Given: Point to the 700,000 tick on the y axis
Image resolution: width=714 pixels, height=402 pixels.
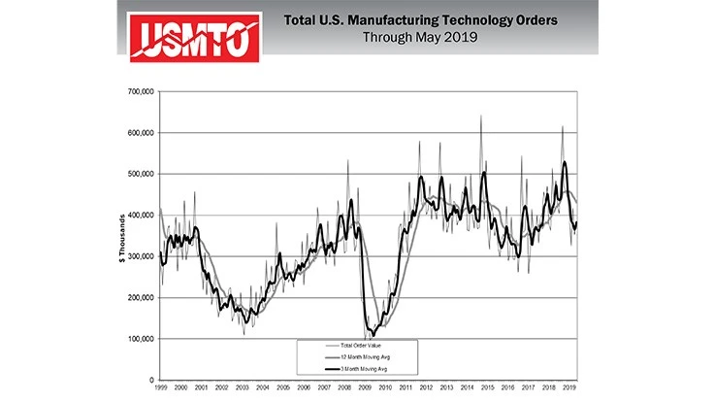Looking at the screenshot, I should (141, 91).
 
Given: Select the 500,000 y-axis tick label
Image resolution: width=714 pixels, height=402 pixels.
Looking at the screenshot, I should (141, 174).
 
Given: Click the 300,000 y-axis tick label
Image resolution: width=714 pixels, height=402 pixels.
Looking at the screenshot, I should (141, 256).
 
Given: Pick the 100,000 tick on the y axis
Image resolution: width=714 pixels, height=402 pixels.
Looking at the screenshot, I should (141, 339).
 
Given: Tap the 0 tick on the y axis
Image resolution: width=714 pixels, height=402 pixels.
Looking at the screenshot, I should (151, 380).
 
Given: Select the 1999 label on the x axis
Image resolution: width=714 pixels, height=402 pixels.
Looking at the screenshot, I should (161, 388).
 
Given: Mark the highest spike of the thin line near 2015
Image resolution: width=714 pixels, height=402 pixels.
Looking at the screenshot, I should (482, 117).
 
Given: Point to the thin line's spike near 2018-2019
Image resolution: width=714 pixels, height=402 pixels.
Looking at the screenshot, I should (562, 127).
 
